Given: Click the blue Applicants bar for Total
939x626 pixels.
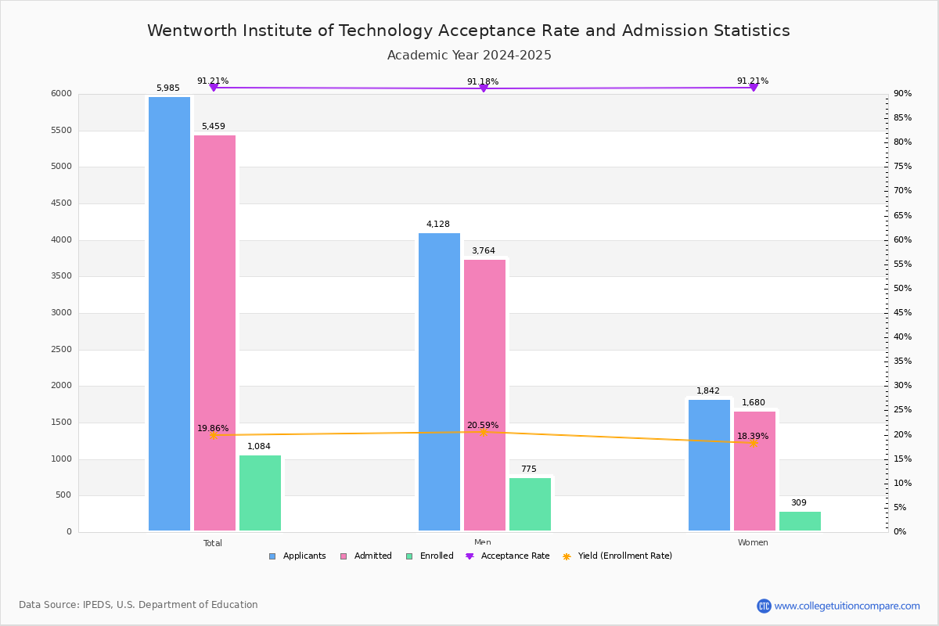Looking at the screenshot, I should [169, 313].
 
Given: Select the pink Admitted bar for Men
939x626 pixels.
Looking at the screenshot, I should [484, 395].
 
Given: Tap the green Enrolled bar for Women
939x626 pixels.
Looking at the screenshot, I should [800, 521].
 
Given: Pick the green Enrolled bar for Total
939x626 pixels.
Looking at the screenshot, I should [260, 493].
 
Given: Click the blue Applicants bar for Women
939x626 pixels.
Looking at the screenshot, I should [709, 466].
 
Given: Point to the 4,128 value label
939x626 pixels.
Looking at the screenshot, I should [438, 225].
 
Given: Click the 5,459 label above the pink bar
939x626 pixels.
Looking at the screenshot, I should [213, 127].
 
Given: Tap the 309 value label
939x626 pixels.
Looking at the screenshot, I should [798, 503].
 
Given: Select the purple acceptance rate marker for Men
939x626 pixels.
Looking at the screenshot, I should [483, 88].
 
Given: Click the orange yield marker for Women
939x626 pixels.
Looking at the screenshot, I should [753, 443].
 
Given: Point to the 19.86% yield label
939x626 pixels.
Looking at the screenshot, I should [213, 429].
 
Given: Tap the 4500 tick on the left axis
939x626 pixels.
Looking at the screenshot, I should [61, 203].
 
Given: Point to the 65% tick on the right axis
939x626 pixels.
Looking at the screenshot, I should [903, 215].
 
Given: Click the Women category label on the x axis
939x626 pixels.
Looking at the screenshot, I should [753, 543].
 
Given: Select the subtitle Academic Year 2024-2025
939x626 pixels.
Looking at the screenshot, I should [469, 56].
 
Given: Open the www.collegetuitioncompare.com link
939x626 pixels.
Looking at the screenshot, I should [847, 606].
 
